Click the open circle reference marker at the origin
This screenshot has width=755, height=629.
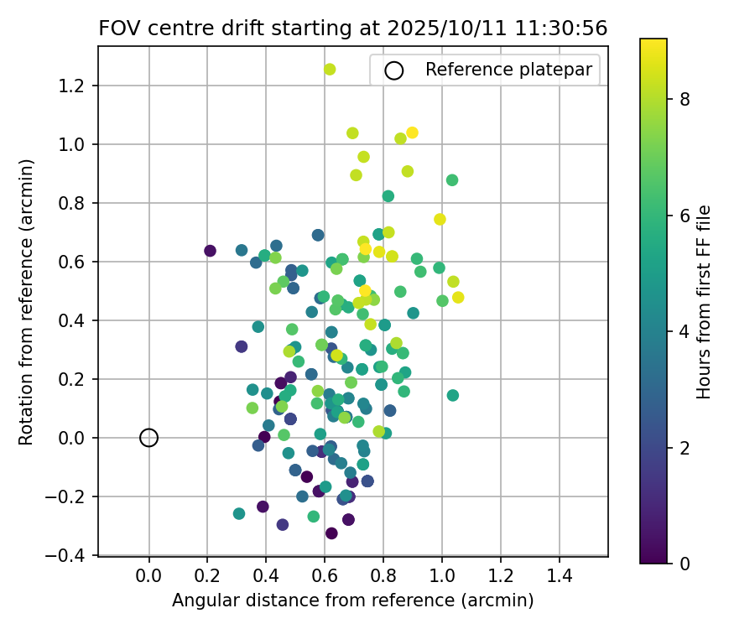tap(148, 437)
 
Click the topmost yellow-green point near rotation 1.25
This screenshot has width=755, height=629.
tap(330, 69)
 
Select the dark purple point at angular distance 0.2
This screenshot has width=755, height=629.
tap(210, 251)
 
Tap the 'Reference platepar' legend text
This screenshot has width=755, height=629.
tap(509, 70)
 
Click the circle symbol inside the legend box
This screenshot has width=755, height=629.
tap(393, 70)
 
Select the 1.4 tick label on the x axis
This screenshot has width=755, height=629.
tap(560, 576)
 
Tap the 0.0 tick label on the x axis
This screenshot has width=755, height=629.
tap(148, 576)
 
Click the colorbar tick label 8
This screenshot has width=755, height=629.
tap(685, 99)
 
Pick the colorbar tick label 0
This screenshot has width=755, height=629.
tap(685, 564)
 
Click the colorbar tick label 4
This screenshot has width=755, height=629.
tap(685, 331)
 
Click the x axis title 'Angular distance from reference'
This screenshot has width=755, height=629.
tap(352, 600)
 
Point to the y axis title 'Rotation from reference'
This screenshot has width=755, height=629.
tap(27, 302)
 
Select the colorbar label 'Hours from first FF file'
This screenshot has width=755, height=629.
tap(705, 302)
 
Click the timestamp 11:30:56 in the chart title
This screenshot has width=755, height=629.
tap(563, 28)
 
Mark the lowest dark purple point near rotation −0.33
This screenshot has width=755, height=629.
tap(331, 533)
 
